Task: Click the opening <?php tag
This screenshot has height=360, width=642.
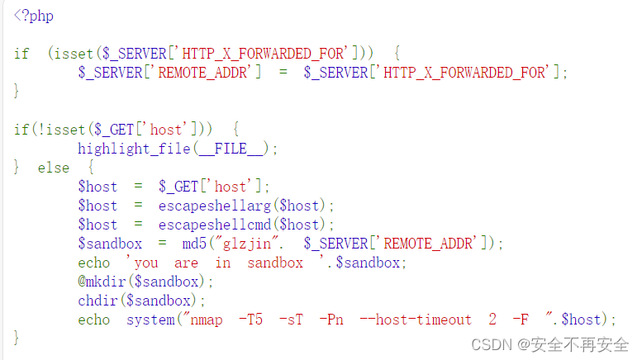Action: coord(34,15)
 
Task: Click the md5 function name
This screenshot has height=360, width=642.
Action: coord(194,244)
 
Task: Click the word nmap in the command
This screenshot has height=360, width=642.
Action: coord(207,320)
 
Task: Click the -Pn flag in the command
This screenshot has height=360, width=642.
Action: coord(331,320)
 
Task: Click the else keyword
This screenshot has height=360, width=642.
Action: coord(54,168)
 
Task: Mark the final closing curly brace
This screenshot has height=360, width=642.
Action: coord(17,338)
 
